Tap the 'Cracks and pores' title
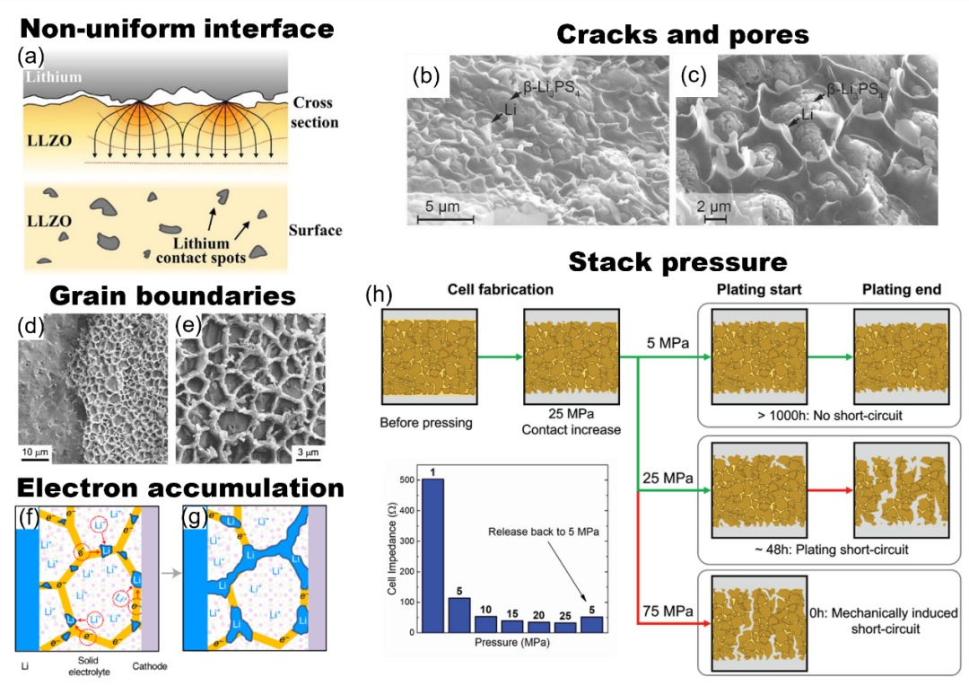point(683,34)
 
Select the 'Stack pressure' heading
point(677,262)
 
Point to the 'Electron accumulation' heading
point(180,488)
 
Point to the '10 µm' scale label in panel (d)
point(35,450)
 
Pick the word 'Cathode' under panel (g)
point(150,666)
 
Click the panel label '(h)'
point(377,294)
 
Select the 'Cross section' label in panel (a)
point(315,112)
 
